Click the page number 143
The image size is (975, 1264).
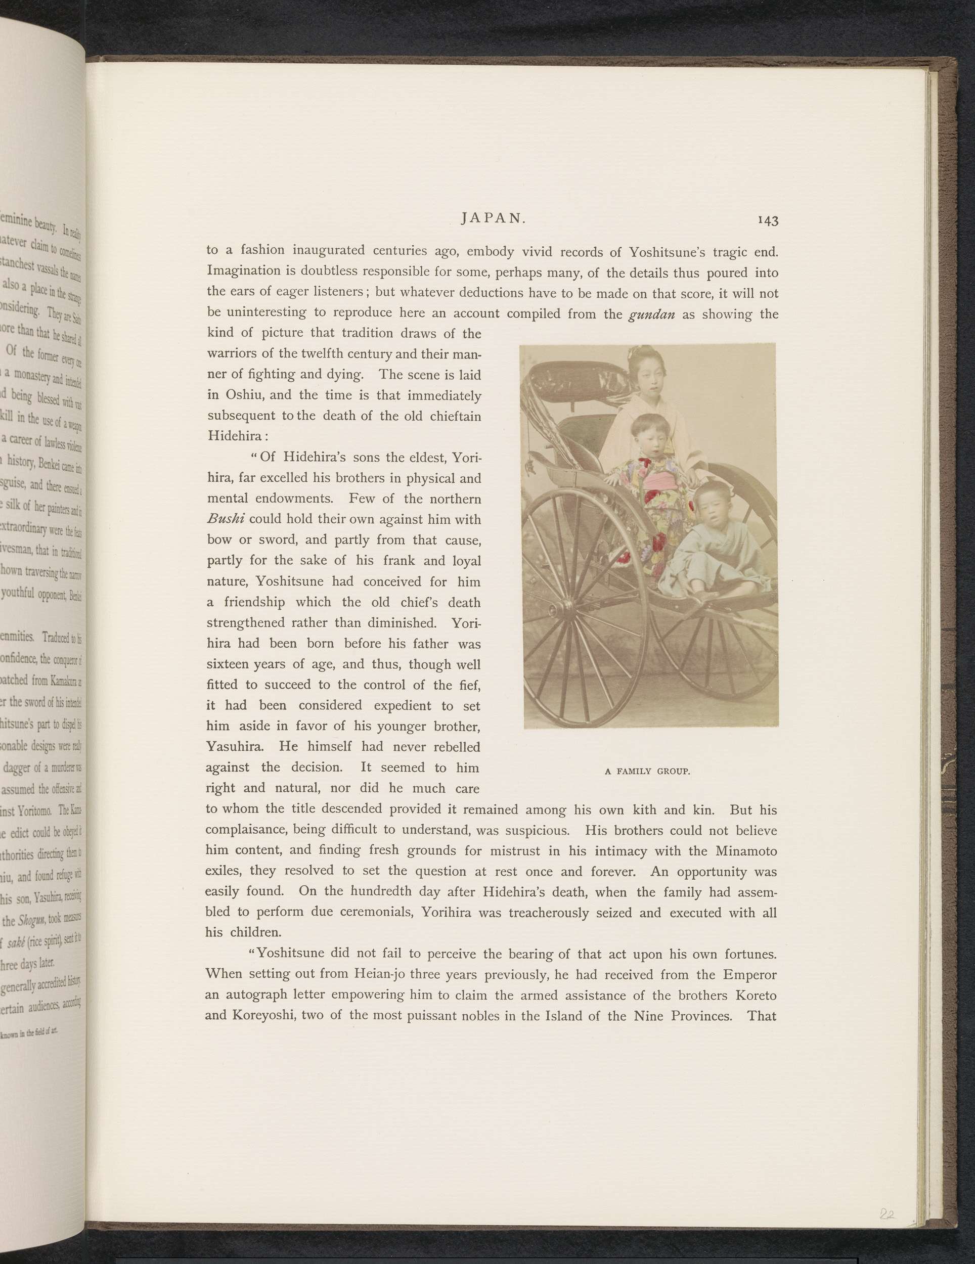coord(767,220)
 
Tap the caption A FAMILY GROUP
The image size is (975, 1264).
coord(647,772)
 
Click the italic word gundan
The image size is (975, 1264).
coord(651,315)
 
